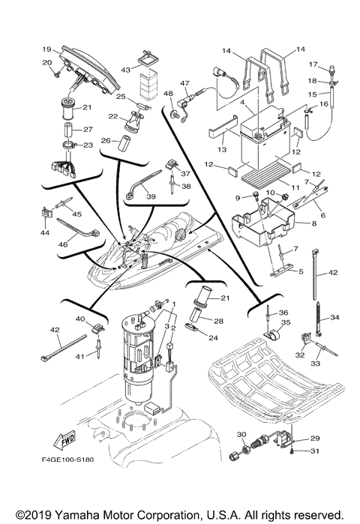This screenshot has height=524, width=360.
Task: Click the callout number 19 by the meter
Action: pos(46,47)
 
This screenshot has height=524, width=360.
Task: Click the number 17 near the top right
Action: pos(313,64)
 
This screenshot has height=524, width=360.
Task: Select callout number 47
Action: pos(184,84)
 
